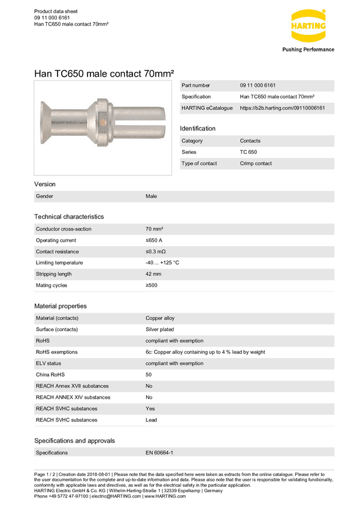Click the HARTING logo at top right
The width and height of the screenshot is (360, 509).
(x=308, y=28)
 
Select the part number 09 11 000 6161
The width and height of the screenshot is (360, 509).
(x=258, y=86)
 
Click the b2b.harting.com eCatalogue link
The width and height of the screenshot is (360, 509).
(x=282, y=108)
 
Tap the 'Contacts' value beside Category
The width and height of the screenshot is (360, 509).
(x=251, y=141)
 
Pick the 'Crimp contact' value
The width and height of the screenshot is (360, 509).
(x=256, y=163)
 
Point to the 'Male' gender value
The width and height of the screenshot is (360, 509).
(x=151, y=196)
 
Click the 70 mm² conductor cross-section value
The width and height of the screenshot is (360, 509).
(x=155, y=229)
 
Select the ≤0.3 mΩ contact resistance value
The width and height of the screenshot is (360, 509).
(x=155, y=252)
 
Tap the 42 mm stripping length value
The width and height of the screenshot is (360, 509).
(x=153, y=274)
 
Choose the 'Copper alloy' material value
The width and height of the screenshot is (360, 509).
(x=160, y=318)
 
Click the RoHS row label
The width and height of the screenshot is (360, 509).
(x=43, y=341)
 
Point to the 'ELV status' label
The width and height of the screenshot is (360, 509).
(x=49, y=363)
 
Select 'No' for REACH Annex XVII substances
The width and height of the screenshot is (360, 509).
(x=149, y=386)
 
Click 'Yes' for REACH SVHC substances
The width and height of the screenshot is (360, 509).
(x=150, y=409)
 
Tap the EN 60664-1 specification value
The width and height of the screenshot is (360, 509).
(x=159, y=453)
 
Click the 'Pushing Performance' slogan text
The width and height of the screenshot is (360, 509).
(x=308, y=50)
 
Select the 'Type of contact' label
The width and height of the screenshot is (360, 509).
(x=199, y=163)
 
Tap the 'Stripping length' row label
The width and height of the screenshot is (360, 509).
(x=54, y=274)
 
